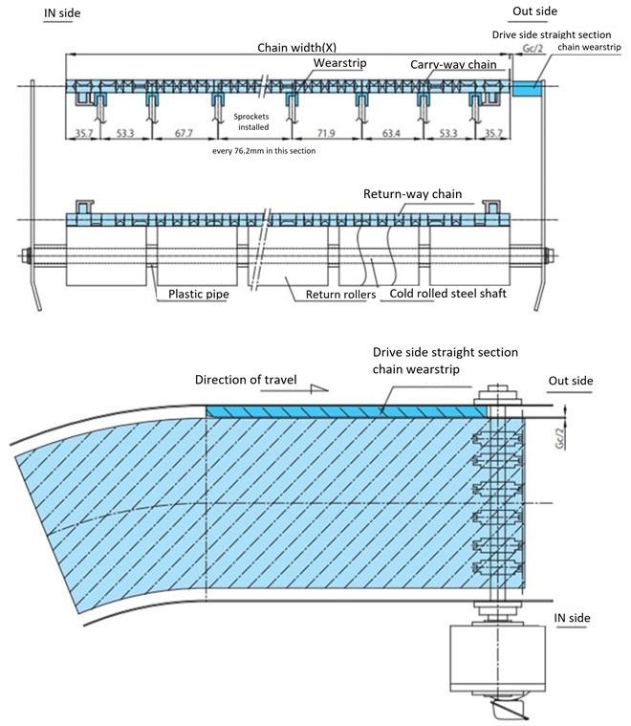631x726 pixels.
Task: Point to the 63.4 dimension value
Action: click(x=392, y=135)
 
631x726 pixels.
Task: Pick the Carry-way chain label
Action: click(x=452, y=64)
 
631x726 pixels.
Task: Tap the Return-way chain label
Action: click(x=412, y=194)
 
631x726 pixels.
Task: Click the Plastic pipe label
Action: click(x=202, y=294)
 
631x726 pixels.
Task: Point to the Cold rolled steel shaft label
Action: click(x=449, y=294)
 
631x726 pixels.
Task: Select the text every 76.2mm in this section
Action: click(x=267, y=151)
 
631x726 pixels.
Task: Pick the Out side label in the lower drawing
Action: click(x=570, y=381)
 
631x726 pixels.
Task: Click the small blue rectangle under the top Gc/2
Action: click(x=527, y=88)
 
